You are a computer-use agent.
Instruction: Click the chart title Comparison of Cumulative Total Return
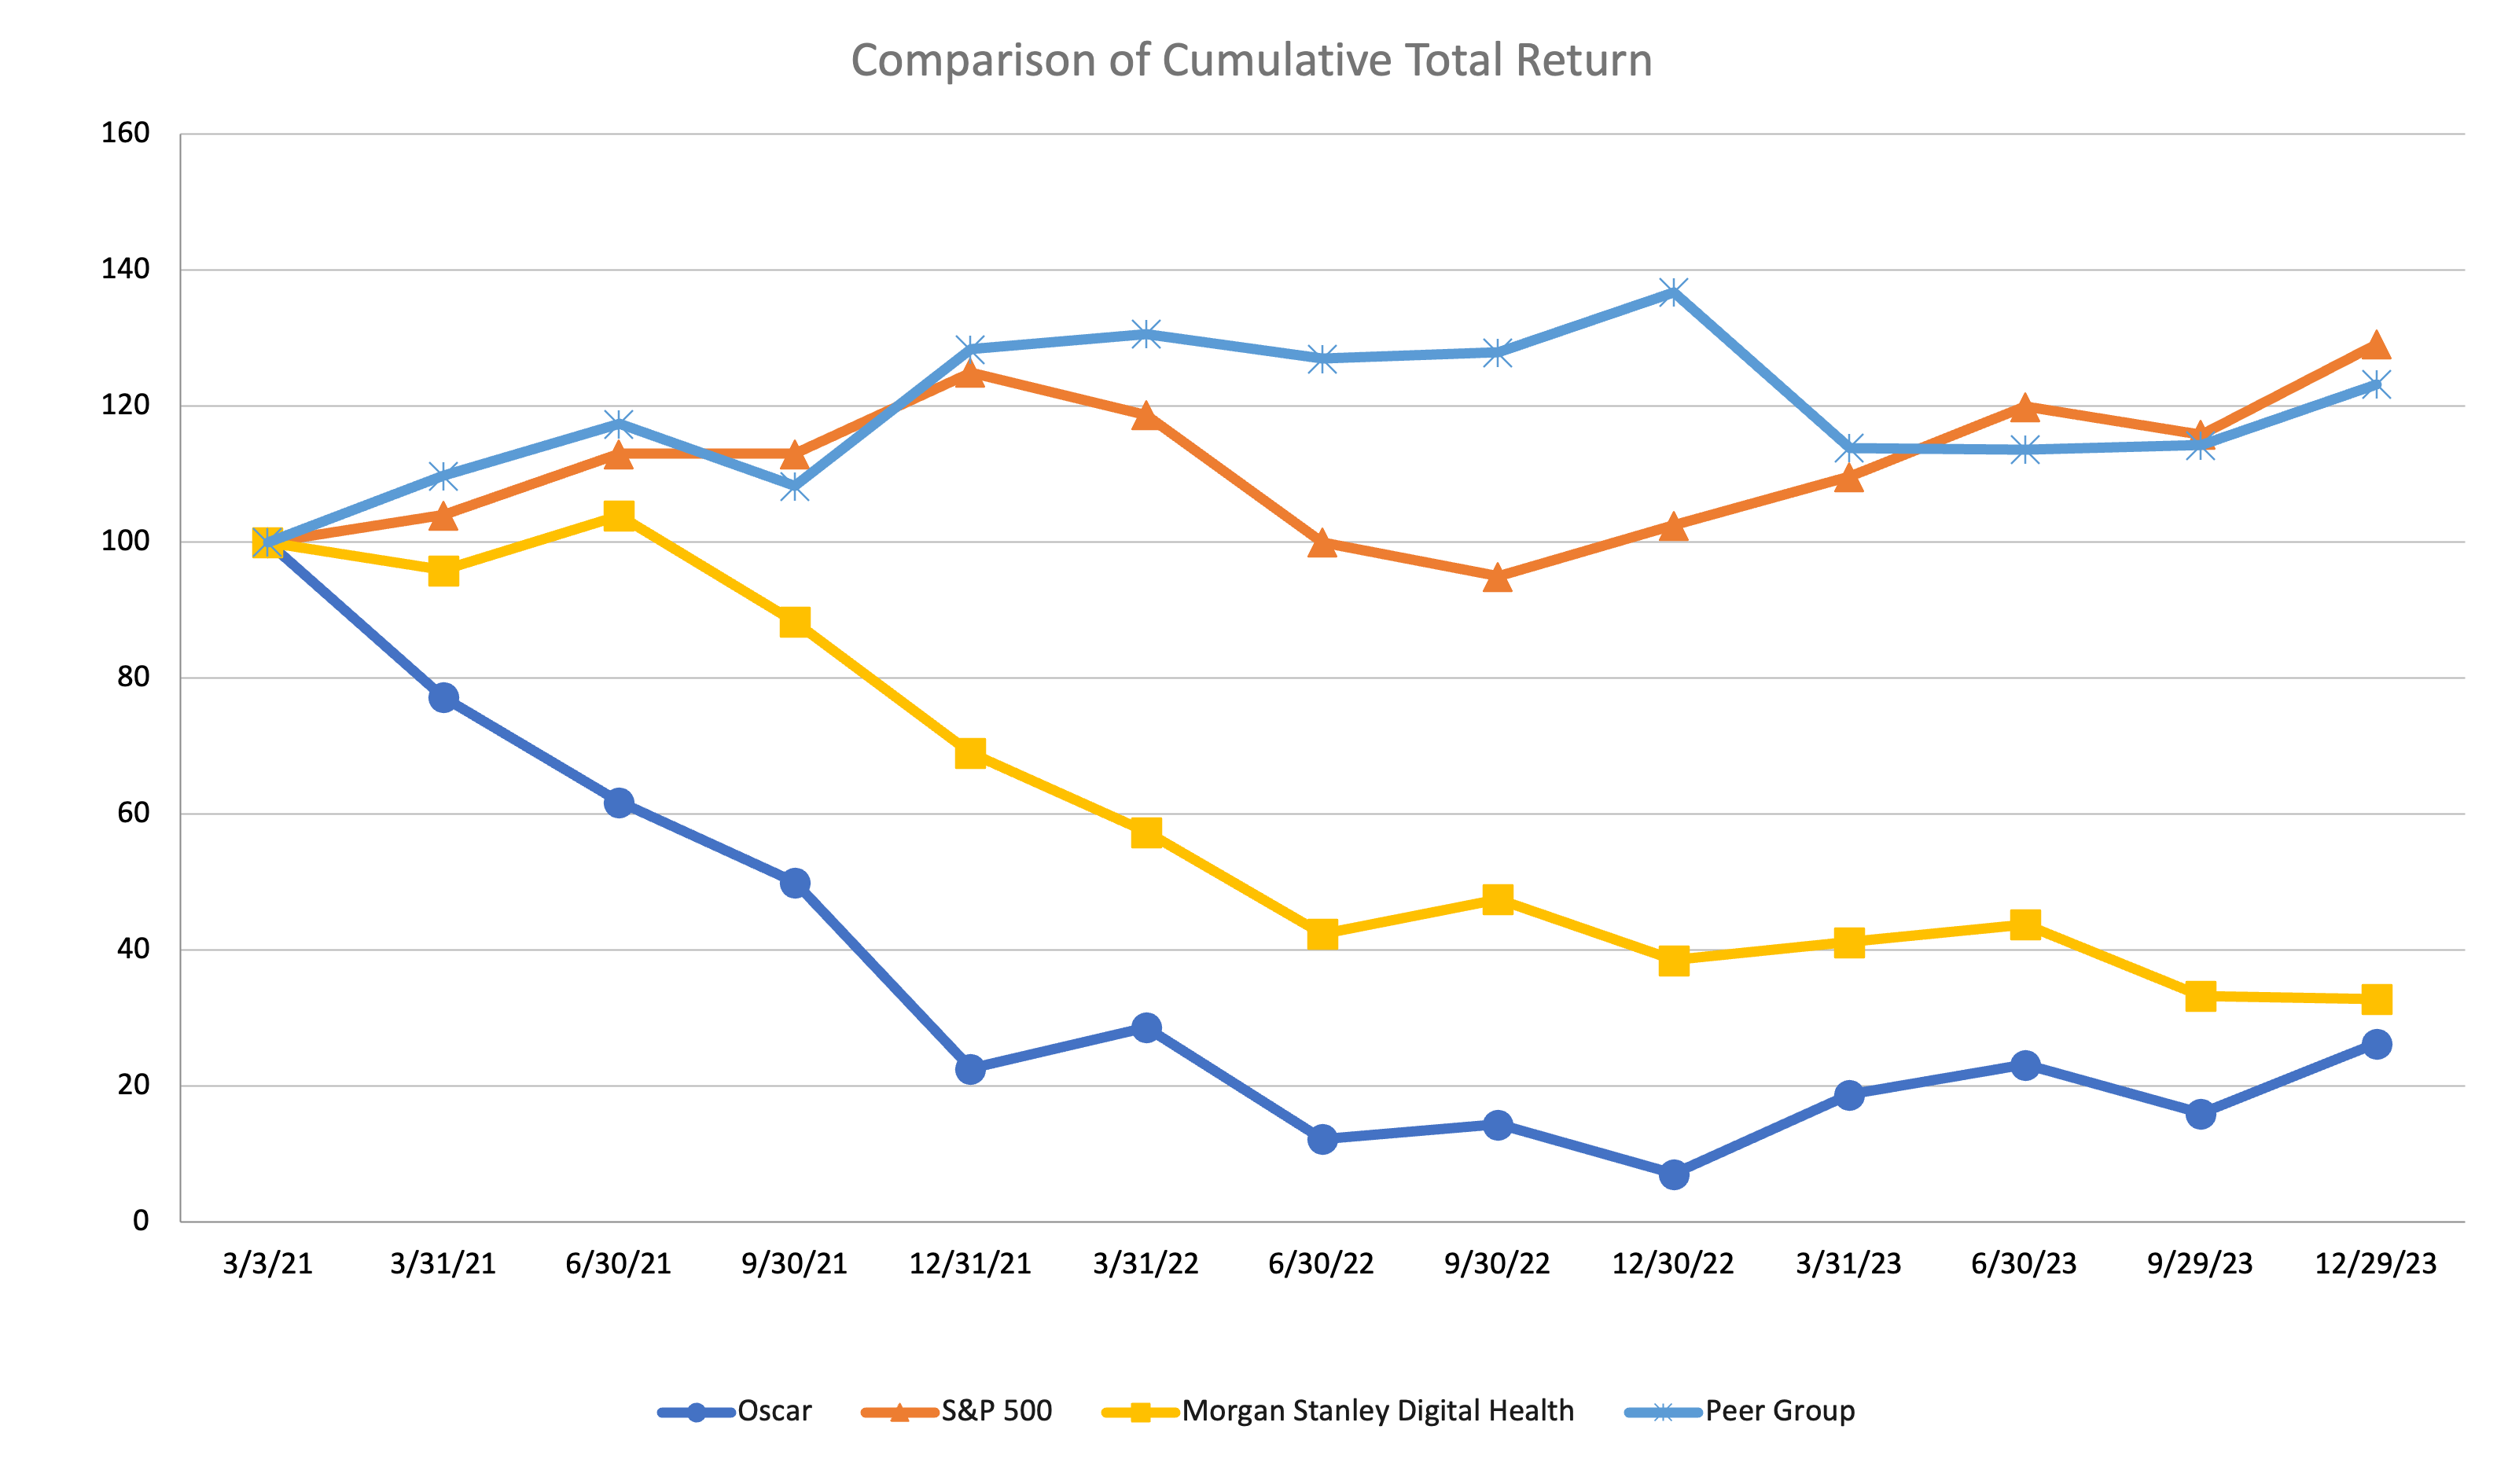click(x=1251, y=61)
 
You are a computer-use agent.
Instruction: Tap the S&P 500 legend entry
click(x=957, y=1411)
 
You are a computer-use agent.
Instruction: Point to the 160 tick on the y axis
click(x=126, y=134)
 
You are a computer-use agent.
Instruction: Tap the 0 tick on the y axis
click(x=142, y=1221)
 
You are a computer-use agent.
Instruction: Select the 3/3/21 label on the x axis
click(x=267, y=1264)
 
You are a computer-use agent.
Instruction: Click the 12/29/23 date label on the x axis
click(x=2376, y=1264)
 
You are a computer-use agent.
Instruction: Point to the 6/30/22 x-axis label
click(x=1321, y=1264)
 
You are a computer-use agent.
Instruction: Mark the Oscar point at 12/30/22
click(x=1674, y=1174)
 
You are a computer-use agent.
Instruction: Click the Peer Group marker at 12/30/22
click(x=1674, y=292)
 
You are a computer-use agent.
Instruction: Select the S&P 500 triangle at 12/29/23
click(x=2377, y=345)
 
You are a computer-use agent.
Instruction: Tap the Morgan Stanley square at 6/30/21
click(x=619, y=516)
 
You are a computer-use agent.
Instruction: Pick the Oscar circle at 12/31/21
click(x=970, y=1070)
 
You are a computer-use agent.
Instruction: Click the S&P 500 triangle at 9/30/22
click(x=1498, y=577)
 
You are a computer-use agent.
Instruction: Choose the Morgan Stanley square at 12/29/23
click(x=2377, y=999)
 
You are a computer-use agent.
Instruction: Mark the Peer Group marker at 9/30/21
click(x=794, y=487)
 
